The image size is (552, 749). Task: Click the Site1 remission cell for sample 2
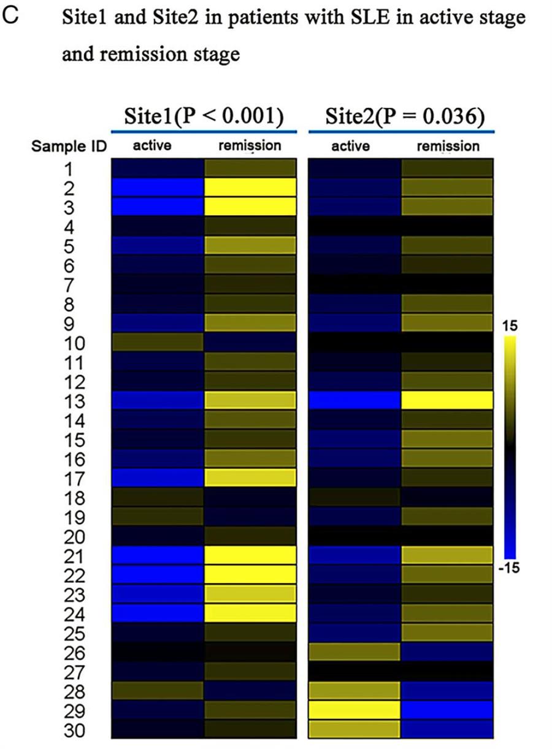pyautogui.click(x=250, y=188)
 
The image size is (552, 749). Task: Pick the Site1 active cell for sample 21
pyautogui.click(x=157, y=556)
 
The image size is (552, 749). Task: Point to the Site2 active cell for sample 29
pyautogui.click(x=354, y=711)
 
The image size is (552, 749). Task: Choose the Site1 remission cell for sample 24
pyautogui.click(x=250, y=614)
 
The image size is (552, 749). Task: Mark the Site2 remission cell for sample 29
pyautogui.click(x=448, y=711)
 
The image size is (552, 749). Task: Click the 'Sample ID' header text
pyautogui.click(x=69, y=147)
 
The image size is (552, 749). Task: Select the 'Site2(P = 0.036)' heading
pyautogui.click(x=401, y=116)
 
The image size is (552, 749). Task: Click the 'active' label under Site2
pyautogui.click(x=351, y=146)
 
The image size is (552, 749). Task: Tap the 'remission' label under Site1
pyautogui.click(x=250, y=146)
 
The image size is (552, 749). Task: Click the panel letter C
pyautogui.click(x=11, y=17)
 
